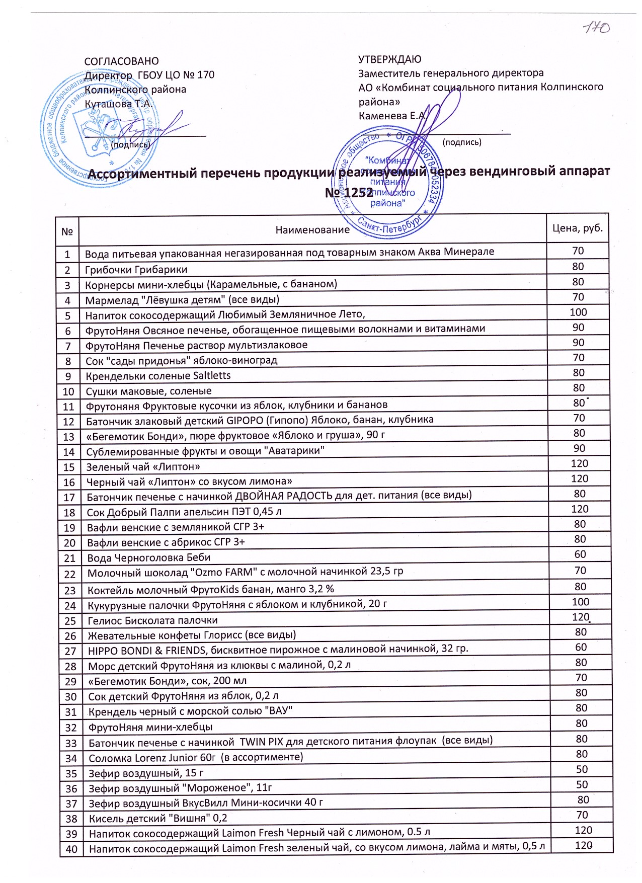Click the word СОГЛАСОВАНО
[121, 61]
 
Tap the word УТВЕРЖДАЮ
[390, 59]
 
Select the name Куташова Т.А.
[118, 104]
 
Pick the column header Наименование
[312, 230]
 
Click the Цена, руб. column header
[577, 228]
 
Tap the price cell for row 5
[578, 312]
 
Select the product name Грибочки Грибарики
[136, 270]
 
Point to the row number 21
[69, 558]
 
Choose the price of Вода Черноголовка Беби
[580, 554]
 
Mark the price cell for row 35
[582, 769]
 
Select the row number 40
[71, 849]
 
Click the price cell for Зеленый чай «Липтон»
[580, 463]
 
